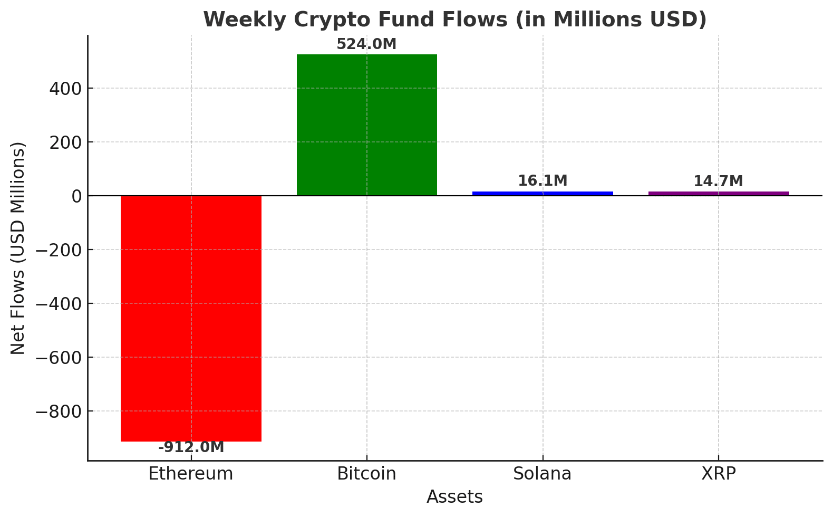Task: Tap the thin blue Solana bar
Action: click(543, 194)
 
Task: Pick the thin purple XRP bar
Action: click(719, 194)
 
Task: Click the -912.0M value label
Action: click(191, 447)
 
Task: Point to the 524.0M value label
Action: click(366, 44)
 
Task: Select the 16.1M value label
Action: click(543, 181)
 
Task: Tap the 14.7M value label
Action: click(718, 181)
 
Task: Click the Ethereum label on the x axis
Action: click(191, 474)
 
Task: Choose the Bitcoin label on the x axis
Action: click(366, 474)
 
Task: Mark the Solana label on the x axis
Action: click(543, 474)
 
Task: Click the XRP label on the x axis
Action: click(718, 474)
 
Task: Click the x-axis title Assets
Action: click(454, 497)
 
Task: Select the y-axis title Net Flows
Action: click(18, 248)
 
